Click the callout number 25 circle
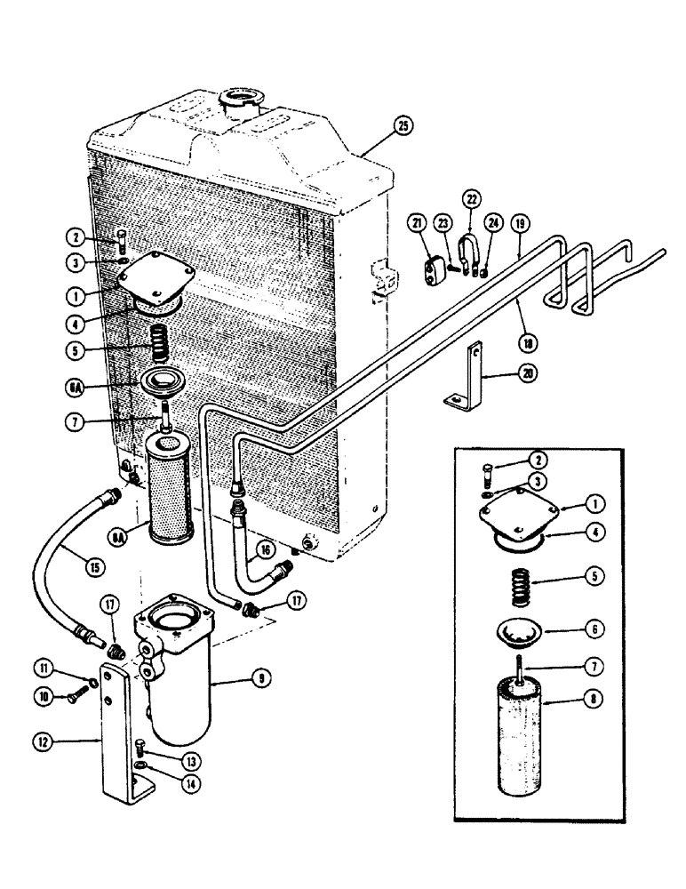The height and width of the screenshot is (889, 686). (404, 127)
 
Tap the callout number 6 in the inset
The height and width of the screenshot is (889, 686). (595, 628)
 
